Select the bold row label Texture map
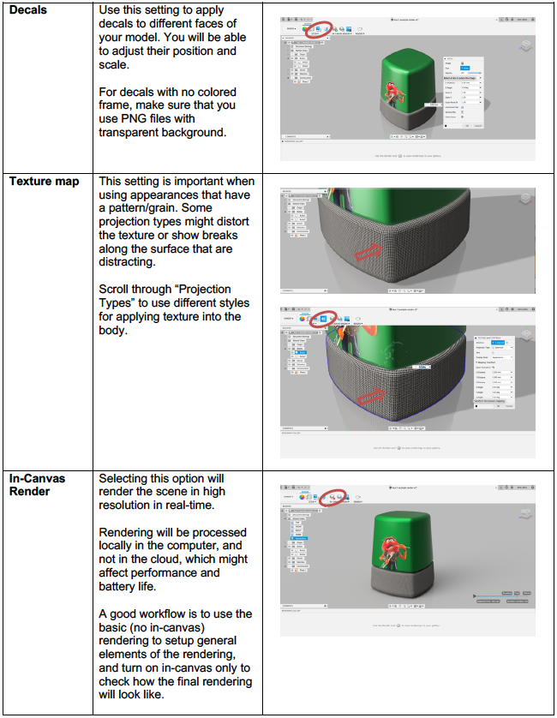point(45,182)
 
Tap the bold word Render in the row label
point(32,492)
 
